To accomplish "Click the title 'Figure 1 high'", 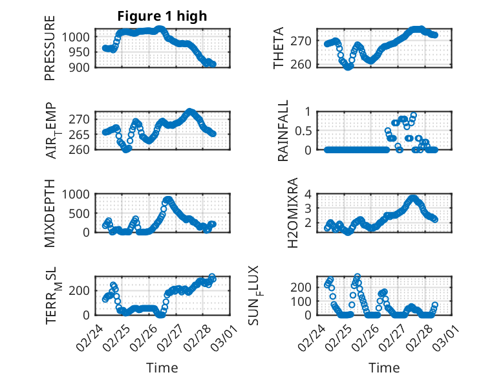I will point(162,16).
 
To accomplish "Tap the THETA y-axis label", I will point(279,48).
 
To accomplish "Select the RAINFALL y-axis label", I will point(283,131).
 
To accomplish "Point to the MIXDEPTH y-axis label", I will point(50,213).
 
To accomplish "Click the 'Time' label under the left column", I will point(162,368).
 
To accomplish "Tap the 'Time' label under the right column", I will point(384,368).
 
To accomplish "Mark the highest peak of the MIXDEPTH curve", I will point(168,200).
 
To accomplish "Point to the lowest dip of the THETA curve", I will point(348,67).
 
